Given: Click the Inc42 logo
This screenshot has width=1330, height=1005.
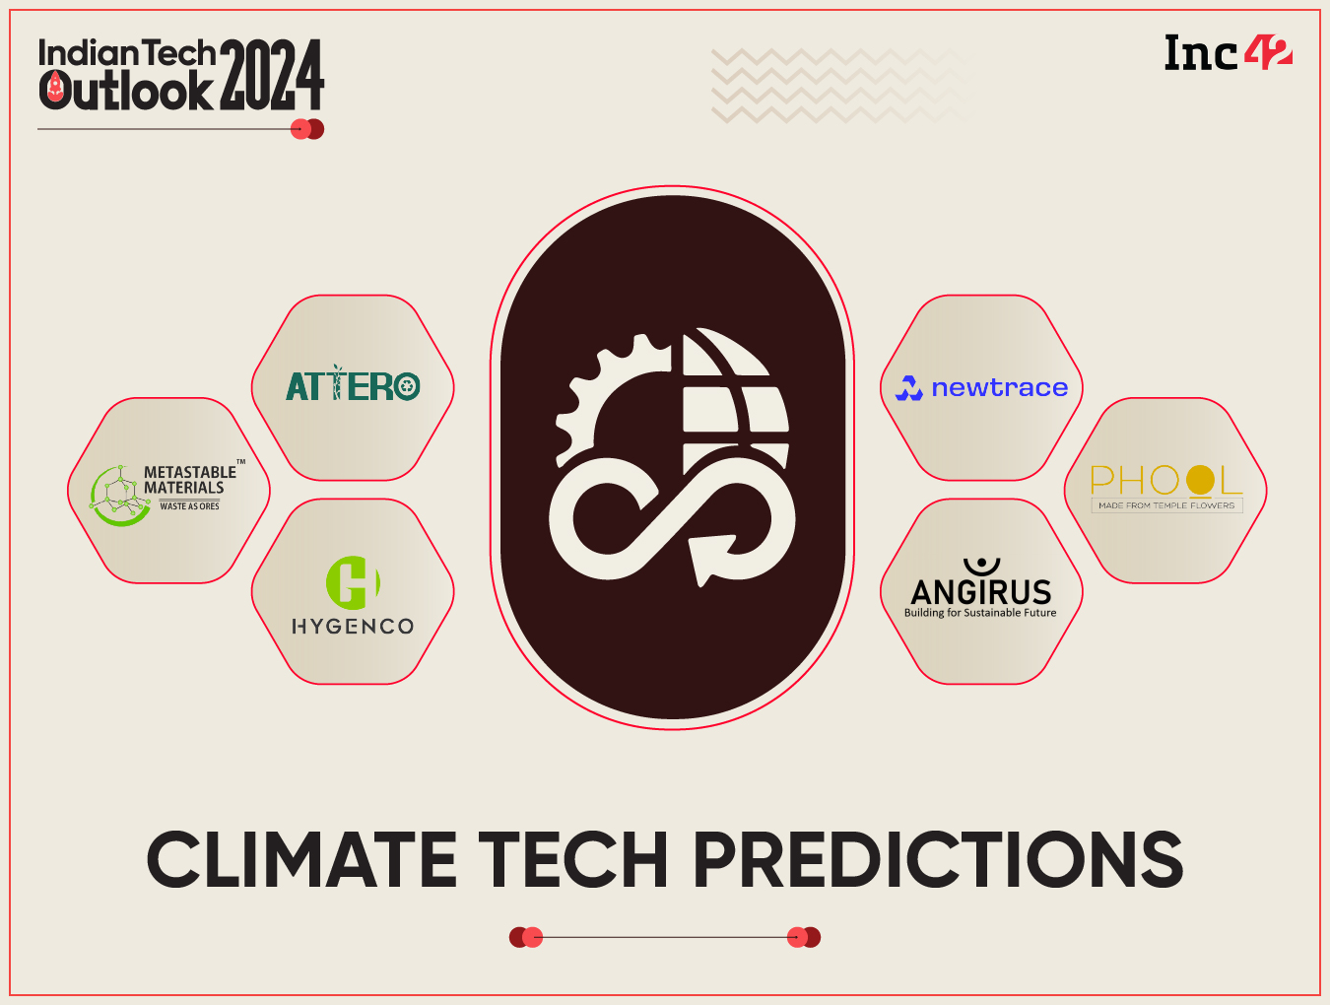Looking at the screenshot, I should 1228,53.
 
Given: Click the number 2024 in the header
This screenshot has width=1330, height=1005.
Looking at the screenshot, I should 272,75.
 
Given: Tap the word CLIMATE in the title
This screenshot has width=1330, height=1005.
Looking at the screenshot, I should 301,859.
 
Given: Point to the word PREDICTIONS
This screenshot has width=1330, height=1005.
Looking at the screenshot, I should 938,859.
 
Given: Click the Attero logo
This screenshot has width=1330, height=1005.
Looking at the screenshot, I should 353,385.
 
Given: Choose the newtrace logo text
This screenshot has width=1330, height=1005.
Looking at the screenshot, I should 999,388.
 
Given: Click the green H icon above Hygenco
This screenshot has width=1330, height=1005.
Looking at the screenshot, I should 353,582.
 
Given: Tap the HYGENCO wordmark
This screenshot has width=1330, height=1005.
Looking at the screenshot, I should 353,627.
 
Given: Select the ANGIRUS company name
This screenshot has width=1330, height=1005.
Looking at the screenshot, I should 981,591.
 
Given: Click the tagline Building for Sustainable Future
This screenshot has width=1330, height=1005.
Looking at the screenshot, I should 980,613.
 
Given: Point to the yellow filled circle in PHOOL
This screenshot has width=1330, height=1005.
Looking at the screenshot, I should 1200,480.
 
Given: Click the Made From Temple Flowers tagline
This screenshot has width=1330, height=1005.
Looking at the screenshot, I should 1166,505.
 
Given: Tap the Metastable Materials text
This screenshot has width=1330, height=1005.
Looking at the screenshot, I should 189,480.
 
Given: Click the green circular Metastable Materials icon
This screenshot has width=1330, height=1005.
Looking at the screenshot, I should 117,496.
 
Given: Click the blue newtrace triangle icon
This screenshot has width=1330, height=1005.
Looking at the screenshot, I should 908,388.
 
